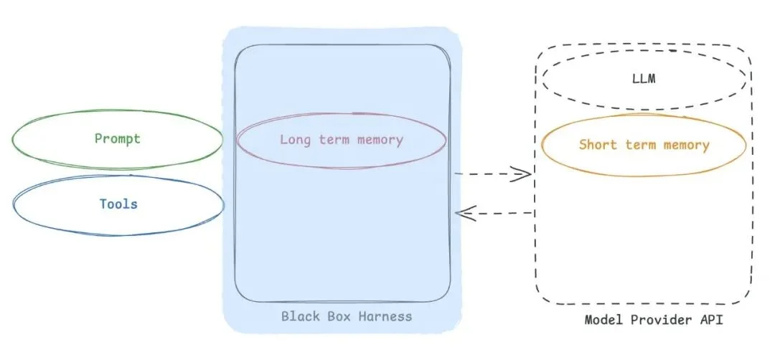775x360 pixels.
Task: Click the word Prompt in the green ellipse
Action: coord(118,138)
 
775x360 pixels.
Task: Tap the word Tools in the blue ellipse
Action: coord(118,204)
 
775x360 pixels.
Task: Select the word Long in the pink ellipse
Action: coord(293,140)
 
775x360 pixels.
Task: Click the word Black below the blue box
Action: coord(299,316)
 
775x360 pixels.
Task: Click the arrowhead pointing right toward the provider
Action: coord(524,174)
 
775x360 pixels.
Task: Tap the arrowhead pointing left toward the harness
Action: coord(464,212)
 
